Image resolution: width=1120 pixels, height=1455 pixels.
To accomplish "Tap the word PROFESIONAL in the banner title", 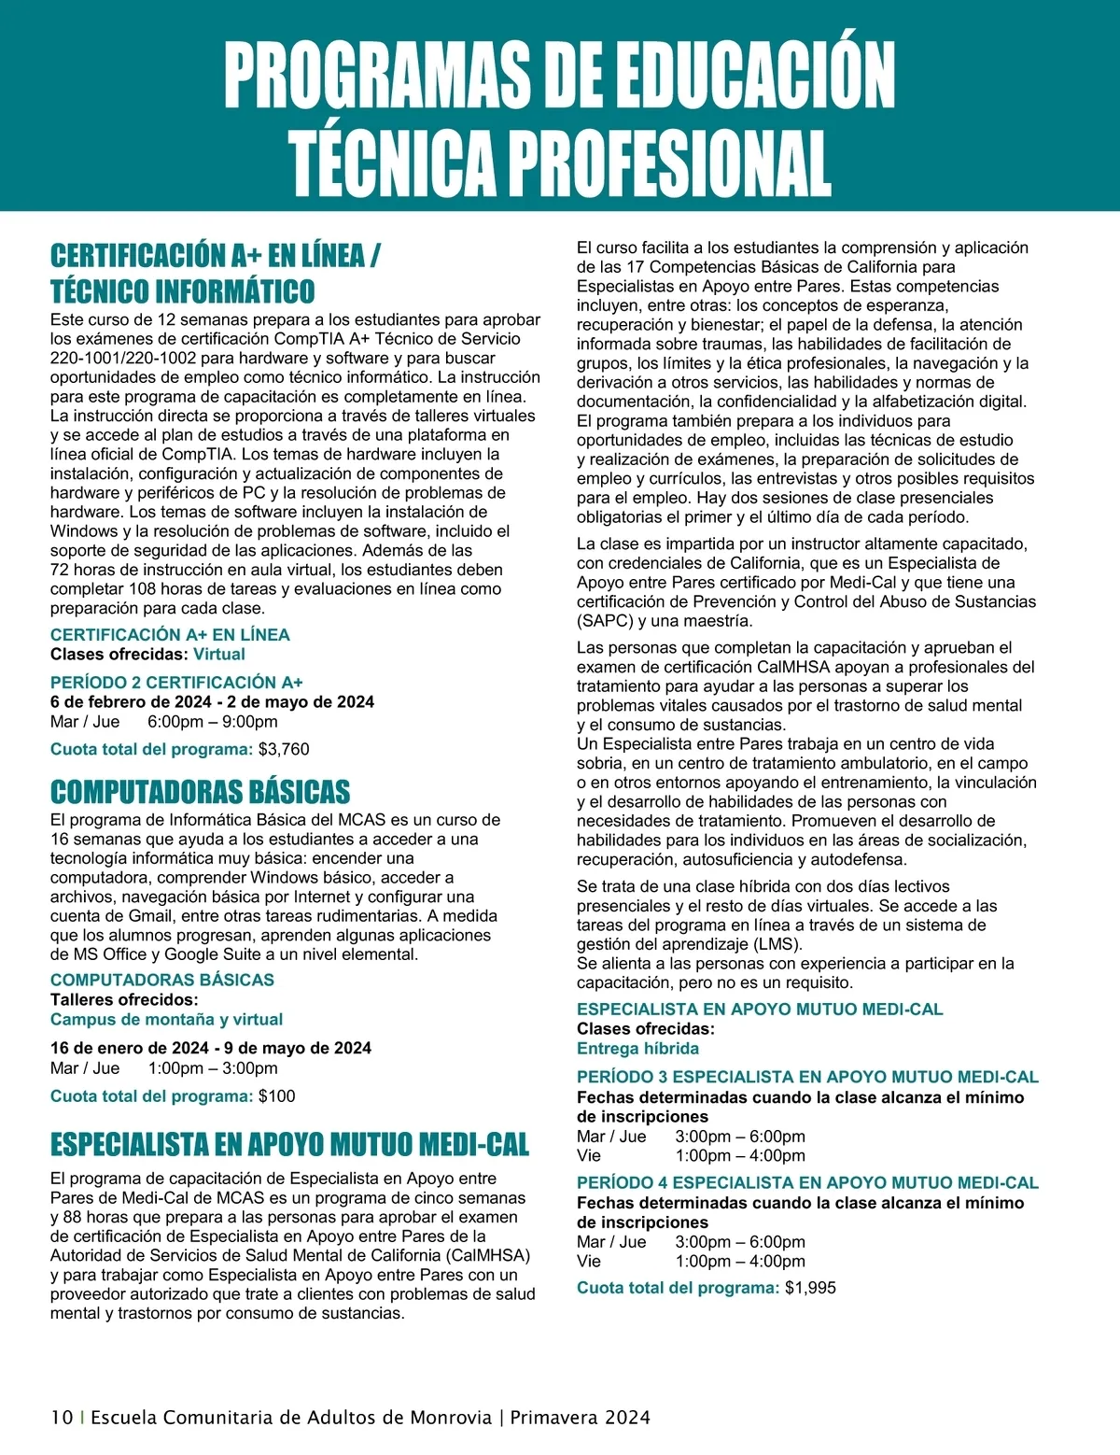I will coord(668,162).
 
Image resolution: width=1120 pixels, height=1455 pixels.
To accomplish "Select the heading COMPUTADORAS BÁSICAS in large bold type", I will coord(200,792).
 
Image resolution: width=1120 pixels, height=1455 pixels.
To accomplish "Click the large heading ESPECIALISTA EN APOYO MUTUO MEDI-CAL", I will coord(289,1144).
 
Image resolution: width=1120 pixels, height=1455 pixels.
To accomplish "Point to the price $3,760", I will coord(284,749).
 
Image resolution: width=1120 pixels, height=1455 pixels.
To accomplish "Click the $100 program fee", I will coord(276,1095).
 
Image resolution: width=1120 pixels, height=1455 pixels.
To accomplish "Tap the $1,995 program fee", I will coord(810,1288).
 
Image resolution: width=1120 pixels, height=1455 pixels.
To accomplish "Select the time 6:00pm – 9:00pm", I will coord(213,721).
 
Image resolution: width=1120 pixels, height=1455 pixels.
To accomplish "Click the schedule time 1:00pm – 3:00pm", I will coord(213,1067).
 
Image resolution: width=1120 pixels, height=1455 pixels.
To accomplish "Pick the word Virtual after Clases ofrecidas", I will coord(219,654).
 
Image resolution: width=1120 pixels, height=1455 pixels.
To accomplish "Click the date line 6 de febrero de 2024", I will coord(212,701).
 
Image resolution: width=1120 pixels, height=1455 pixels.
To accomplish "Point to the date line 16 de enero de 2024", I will coord(210,1048).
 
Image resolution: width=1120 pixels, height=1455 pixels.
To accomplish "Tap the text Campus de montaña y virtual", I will coord(166,1019).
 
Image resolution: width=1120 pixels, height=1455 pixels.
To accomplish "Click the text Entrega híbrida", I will coord(637,1048).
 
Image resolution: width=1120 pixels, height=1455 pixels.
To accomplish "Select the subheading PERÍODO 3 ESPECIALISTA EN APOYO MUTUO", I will coord(807,1077).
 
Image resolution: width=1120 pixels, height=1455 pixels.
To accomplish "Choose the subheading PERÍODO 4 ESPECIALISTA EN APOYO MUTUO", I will coord(807,1182).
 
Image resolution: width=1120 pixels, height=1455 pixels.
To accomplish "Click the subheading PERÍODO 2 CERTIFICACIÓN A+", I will coord(176,682).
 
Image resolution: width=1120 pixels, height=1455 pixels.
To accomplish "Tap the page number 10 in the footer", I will coord(62,1417).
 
